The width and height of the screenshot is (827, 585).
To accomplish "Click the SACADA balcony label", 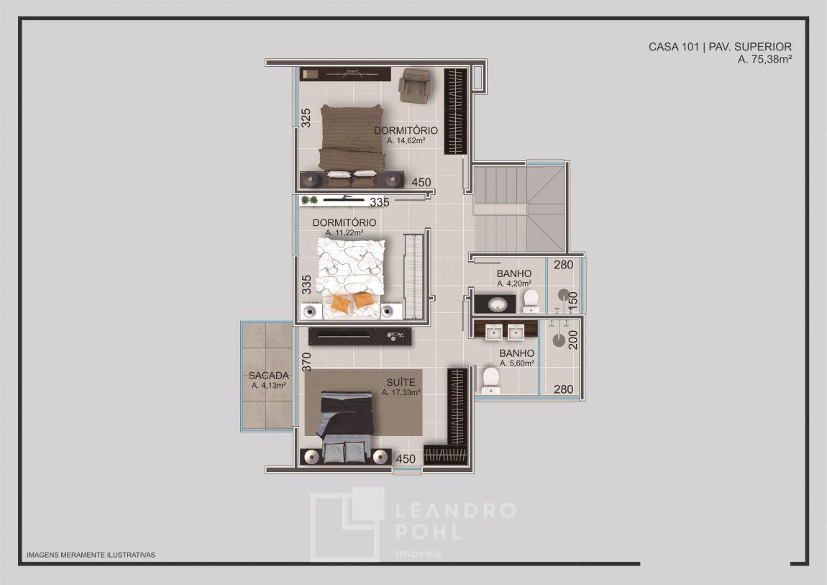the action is [269, 376].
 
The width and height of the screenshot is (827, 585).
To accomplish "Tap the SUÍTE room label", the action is [401, 382].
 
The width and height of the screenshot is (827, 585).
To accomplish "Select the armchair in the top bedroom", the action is [416, 86].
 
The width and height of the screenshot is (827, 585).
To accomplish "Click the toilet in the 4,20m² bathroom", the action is [531, 301].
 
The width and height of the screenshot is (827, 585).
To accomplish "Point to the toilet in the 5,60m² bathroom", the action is [490, 381].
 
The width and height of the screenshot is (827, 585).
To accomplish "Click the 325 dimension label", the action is [306, 118].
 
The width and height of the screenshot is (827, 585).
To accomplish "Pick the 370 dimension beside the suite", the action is [306, 362].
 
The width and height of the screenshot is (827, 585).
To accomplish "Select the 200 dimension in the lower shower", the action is [573, 340].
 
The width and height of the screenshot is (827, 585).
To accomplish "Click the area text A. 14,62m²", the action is [406, 141].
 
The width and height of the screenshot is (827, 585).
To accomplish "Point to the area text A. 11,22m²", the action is [344, 232].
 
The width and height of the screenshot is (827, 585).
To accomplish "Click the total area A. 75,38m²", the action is [764, 60].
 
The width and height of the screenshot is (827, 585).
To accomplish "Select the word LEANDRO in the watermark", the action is [455, 510].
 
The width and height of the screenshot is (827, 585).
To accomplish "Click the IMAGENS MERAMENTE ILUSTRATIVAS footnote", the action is [91, 555].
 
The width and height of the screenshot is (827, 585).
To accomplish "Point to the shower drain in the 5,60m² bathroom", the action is [559, 340].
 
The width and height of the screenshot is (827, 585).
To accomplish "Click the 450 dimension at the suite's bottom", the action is [406, 459].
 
